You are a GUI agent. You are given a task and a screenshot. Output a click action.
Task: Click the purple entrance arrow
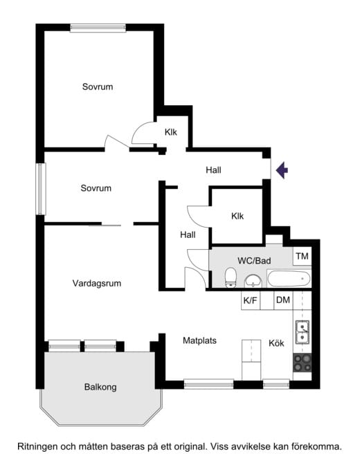282,170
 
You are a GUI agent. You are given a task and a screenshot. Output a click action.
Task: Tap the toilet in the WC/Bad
231,277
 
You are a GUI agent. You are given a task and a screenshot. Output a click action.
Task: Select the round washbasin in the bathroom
253,280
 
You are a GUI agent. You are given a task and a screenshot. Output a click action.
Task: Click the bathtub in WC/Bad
289,278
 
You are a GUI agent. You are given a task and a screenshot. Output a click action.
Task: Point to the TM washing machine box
302,257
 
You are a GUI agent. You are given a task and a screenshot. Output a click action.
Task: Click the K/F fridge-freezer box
251,300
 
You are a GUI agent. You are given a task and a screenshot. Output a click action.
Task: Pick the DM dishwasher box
283,300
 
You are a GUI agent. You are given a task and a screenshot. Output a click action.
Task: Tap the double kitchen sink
303,332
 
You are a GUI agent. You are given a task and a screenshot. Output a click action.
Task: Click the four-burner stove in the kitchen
303,363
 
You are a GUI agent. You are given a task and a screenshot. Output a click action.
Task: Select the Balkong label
100,387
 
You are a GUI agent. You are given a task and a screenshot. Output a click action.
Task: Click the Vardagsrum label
97,283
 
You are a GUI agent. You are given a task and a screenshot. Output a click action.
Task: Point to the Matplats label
199,340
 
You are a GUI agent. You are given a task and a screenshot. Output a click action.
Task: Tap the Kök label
276,343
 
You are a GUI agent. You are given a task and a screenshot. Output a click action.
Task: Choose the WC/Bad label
254,261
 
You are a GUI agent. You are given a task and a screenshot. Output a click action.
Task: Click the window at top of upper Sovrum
98,28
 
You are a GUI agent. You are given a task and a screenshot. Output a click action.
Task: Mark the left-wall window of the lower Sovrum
40,189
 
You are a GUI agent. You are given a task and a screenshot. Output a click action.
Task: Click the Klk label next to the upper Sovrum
171,132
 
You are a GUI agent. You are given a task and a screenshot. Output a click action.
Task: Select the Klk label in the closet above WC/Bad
237,216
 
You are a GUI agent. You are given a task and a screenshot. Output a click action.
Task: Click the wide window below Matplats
208,384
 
